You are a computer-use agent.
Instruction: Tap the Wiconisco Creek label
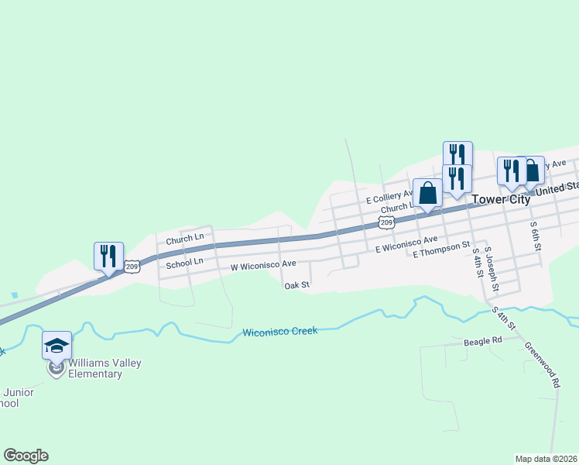point(280,332)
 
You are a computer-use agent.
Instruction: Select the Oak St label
point(296,285)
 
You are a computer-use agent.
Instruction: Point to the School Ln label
point(184,263)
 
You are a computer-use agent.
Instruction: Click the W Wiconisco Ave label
point(263,265)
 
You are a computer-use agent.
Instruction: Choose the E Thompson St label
point(441,250)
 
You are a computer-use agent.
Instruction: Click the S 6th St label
point(535,236)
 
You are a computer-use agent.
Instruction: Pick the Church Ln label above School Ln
point(184,237)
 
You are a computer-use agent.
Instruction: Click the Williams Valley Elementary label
point(94,368)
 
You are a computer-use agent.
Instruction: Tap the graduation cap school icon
point(57,345)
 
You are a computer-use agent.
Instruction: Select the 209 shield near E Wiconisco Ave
point(386,222)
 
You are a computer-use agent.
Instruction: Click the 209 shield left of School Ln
point(132,267)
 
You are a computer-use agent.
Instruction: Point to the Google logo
point(26,456)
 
